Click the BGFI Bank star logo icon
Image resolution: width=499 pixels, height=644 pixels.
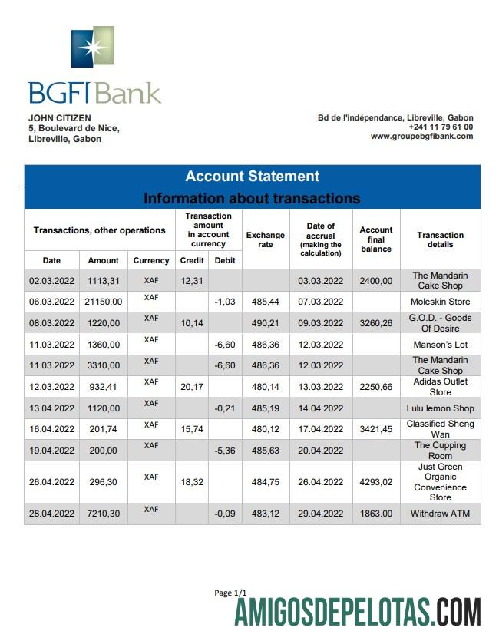click(92, 48)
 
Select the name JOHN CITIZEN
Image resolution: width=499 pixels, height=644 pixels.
click(60, 117)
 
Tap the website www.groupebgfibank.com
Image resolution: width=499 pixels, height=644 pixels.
click(421, 137)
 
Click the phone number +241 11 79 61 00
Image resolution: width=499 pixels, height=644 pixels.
click(441, 127)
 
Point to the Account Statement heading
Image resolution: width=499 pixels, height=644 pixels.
click(252, 177)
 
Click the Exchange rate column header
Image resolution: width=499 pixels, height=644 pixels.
click(265, 239)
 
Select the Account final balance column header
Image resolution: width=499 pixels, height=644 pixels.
click(376, 239)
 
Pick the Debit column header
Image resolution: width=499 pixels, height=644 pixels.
click(225, 261)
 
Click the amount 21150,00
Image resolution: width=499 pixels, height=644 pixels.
click(103, 302)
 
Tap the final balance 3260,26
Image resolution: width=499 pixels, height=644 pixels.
click(376, 323)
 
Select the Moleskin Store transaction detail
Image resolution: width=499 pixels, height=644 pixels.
click(440, 302)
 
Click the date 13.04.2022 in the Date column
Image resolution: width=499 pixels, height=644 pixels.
click(51, 408)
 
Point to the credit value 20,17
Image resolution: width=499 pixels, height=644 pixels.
click(190, 387)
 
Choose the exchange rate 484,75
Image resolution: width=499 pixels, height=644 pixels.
click(265, 482)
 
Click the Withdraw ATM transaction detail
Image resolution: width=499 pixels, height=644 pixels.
click(440, 514)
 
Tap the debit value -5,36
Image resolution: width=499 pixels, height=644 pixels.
click(224, 451)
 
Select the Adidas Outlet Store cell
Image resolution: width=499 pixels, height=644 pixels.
click(440, 387)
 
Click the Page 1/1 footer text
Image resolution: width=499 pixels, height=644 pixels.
click(230, 593)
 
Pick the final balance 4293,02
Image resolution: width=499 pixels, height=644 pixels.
click(376, 482)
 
